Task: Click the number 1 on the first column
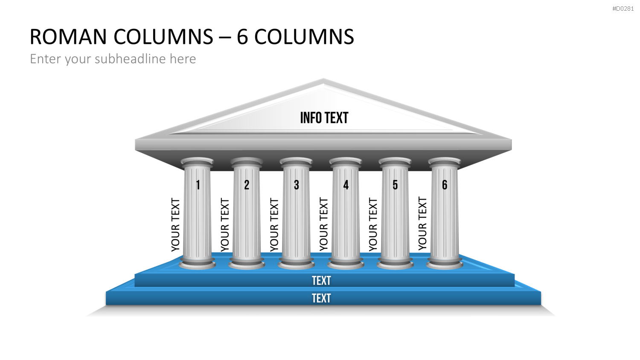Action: pyautogui.click(x=198, y=185)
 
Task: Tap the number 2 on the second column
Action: pyautogui.click(x=247, y=185)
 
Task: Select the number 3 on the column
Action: pyautogui.click(x=297, y=185)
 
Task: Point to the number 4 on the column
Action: pyautogui.click(x=346, y=185)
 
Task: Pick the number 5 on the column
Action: pyautogui.click(x=395, y=185)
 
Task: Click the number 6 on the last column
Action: pyautogui.click(x=445, y=185)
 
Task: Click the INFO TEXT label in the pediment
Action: pyautogui.click(x=324, y=118)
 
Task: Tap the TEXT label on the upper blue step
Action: pyautogui.click(x=321, y=281)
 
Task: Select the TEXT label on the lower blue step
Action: pyautogui.click(x=321, y=298)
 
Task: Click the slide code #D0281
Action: pyautogui.click(x=623, y=9)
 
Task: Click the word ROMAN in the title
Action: pyautogui.click(x=68, y=37)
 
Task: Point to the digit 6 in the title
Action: pyautogui.click(x=242, y=37)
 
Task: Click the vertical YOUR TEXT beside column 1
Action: pyautogui.click(x=175, y=225)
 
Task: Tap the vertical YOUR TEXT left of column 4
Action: pyautogui.click(x=324, y=224)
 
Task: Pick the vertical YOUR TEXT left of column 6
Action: pyautogui.click(x=422, y=224)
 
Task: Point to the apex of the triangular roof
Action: pyautogui.click(x=323, y=78)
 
